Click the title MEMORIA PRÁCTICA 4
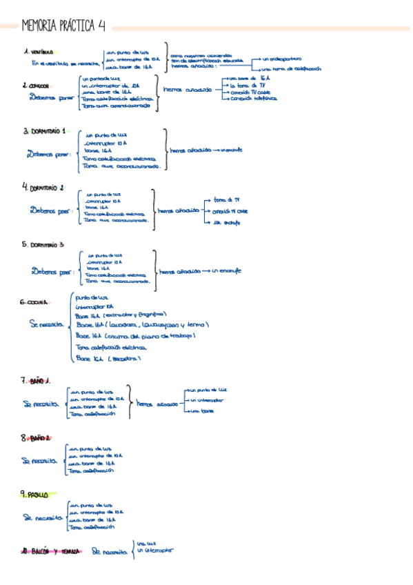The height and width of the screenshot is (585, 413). [x=63, y=26]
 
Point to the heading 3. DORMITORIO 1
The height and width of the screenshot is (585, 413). [x=45, y=130]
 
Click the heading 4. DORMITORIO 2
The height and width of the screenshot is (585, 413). [x=43, y=187]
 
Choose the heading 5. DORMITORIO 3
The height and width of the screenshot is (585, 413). [x=43, y=244]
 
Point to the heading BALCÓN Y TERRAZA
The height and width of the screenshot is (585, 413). [x=52, y=551]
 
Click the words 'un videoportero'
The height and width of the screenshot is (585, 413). [x=281, y=59]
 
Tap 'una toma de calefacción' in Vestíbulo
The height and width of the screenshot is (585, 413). [x=290, y=70]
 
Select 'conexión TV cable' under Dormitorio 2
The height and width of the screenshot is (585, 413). [x=230, y=210]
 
